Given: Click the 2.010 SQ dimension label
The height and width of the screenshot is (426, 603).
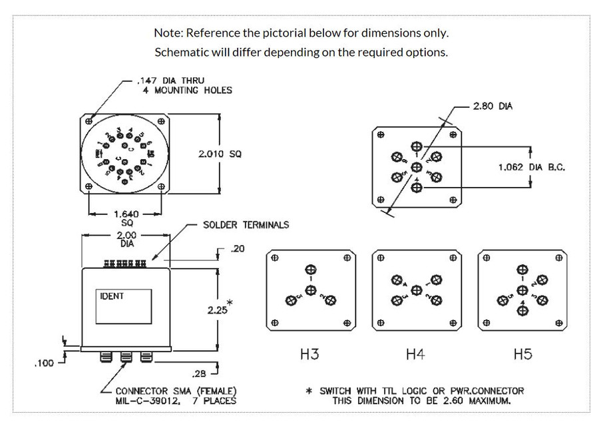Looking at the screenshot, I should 220,154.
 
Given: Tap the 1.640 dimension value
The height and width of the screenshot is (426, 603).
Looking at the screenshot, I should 126,214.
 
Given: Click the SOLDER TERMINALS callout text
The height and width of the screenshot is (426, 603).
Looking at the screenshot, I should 246,225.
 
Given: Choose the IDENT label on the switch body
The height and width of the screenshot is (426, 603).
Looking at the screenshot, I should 112,296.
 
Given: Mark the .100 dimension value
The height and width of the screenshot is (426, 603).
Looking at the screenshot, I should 44,363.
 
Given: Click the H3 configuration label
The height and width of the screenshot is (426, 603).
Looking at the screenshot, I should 309,354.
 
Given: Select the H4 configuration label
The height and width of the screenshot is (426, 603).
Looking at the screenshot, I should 415,354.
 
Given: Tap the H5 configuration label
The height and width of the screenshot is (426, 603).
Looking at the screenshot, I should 522,354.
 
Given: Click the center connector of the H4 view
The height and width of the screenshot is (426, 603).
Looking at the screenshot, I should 416,290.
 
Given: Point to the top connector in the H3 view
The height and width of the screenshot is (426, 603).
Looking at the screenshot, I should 310,270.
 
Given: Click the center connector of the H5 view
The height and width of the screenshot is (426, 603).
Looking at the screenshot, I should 522,290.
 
